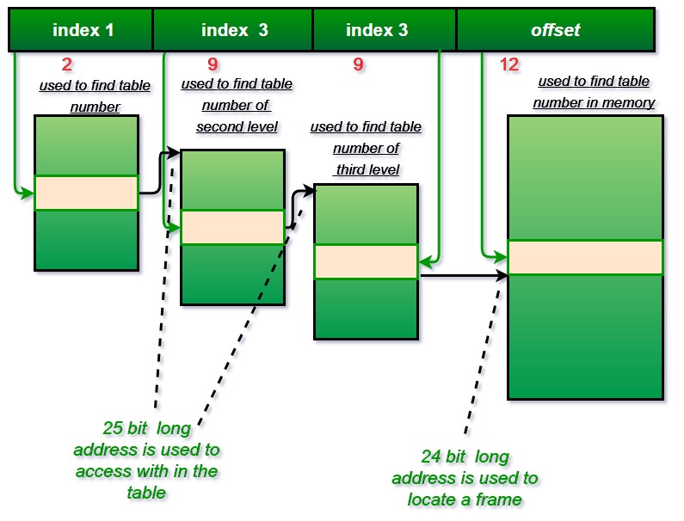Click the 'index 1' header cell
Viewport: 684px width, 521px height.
pyautogui.click(x=83, y=30)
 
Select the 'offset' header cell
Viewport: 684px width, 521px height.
pyautogui.click(x=555, y=30)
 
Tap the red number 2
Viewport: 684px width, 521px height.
pyautogui.click(x=67, y=64)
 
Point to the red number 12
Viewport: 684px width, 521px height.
pyautogui.click(x=509, y=64)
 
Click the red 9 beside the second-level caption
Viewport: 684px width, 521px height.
pyautogui.click(x=213, y=64)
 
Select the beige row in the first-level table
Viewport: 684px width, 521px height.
pyautogui.click(x=86, y=193)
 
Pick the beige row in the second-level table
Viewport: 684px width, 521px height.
pyautogui.click(x=232, y=227)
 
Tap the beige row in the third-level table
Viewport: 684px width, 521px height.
pyautogui.click(x=366, y=261)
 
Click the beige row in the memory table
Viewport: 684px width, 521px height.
pyautogui.click(x=585, y=257)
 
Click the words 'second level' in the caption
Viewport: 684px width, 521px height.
pyautogui.click(x=237, y=126)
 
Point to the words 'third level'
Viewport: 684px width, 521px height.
pyautogui.click(x=367, y=169)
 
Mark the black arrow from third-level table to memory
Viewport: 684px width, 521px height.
pyautogui.click(x=460, y=276)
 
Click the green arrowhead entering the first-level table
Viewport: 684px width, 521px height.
pyautogui.click(x=28, y=193)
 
